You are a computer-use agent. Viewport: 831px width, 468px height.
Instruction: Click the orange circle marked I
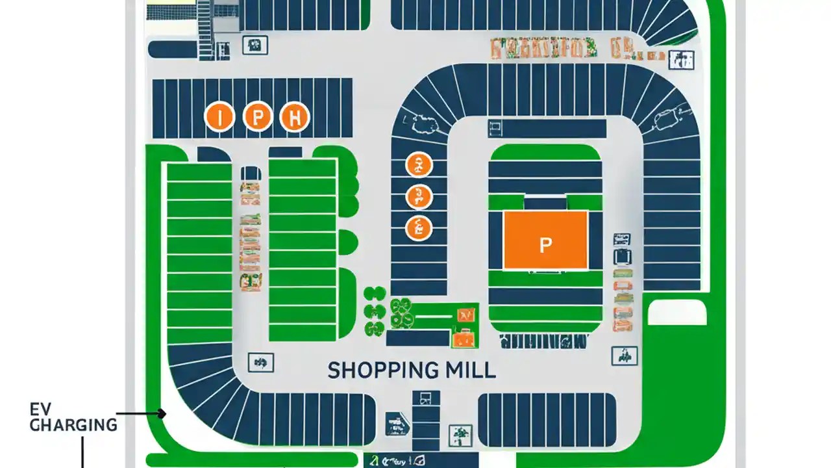pos(219,117)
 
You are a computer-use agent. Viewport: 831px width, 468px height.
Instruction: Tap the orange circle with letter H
pos(294,117)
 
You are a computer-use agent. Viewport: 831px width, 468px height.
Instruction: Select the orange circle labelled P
pos(257,117)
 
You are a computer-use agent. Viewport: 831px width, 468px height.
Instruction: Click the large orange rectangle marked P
pos(545,240)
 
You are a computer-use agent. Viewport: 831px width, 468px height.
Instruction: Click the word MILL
pos(470,370)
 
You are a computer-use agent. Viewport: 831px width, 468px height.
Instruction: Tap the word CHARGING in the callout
pos(73,426)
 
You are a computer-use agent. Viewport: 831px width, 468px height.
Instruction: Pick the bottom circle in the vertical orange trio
pos(419,228)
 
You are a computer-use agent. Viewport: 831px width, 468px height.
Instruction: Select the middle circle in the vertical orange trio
pos(419,196)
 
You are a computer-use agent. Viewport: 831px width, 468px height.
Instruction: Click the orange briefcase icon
pos(464,337)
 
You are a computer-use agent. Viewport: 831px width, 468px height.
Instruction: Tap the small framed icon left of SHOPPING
pos(261,362)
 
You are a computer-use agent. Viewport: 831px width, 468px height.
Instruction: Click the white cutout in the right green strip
pos(677,313)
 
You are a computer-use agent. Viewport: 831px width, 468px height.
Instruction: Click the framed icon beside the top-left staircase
pos(255,45)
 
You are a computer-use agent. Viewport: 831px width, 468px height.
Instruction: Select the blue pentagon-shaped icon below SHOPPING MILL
pos(397,423)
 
